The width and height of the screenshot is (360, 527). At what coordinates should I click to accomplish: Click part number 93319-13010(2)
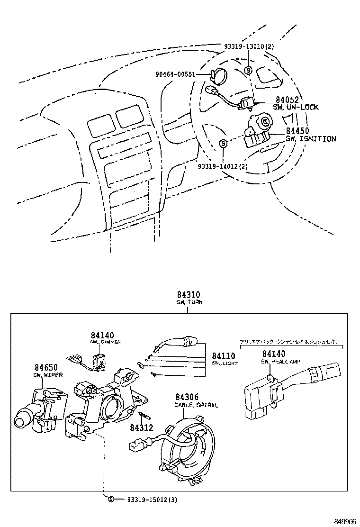click(249, 46)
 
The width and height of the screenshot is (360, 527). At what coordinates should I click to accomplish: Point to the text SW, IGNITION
click(310, 139)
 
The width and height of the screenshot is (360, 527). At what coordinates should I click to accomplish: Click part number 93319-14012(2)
click(223, 166)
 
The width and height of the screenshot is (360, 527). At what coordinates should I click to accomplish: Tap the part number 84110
click(224, 356)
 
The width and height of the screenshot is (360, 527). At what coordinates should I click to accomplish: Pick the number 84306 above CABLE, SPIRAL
click(187, 397)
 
